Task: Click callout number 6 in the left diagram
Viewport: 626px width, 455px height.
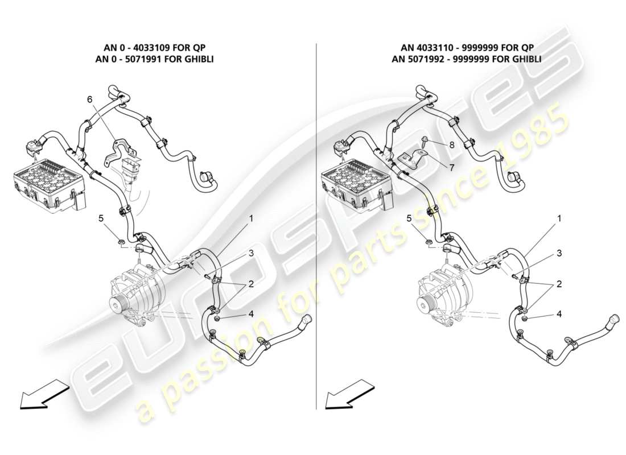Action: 89,99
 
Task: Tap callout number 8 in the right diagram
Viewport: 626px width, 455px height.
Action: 452,145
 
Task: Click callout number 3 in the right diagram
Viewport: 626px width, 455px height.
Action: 558,253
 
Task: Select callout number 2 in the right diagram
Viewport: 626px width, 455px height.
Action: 558,283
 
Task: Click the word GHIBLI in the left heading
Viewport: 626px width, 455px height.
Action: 195,59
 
